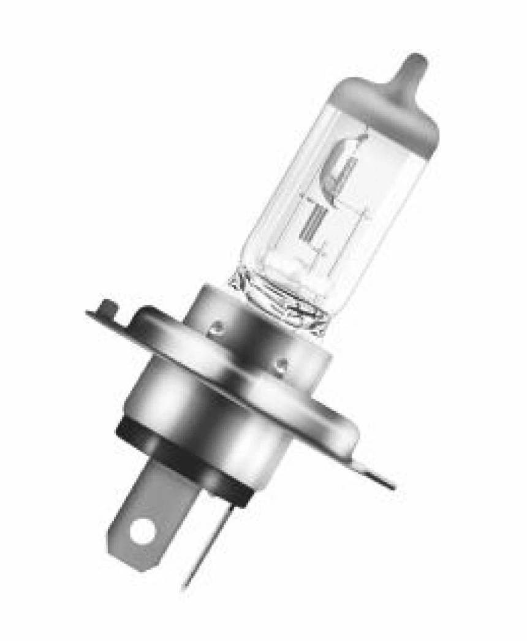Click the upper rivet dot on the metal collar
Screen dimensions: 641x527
(x=214, y=329)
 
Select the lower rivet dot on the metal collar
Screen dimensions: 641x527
(x=280, y=366)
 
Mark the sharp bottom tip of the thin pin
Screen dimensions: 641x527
(x=184, y=590)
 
